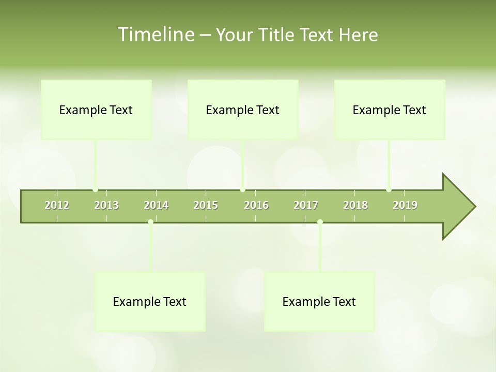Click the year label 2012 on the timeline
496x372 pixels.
tap(57, 205)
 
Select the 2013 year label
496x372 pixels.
tap(106, 205)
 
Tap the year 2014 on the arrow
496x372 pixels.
tap(156, 205)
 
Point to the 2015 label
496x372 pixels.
tap(206, 205)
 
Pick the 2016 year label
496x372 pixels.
tap(256, 205)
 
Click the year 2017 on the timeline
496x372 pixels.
tap(306, 205)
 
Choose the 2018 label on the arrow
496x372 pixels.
tap(355, 205)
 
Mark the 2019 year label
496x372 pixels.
tap(405, 205)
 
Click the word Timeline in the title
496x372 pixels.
tap(155, 35)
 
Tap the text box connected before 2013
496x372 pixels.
tap(96, 110)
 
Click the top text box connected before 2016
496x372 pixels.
tap(243, 110)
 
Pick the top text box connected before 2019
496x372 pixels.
tap(390, 110)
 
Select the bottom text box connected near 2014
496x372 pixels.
tap(150, 302)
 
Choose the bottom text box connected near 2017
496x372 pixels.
tap(319, 302)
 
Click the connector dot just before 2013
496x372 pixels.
tap(96, 190)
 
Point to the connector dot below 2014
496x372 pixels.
tap(150, 222)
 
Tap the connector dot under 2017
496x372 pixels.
tap(320, 222)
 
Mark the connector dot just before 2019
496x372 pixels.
tap(389, 190)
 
